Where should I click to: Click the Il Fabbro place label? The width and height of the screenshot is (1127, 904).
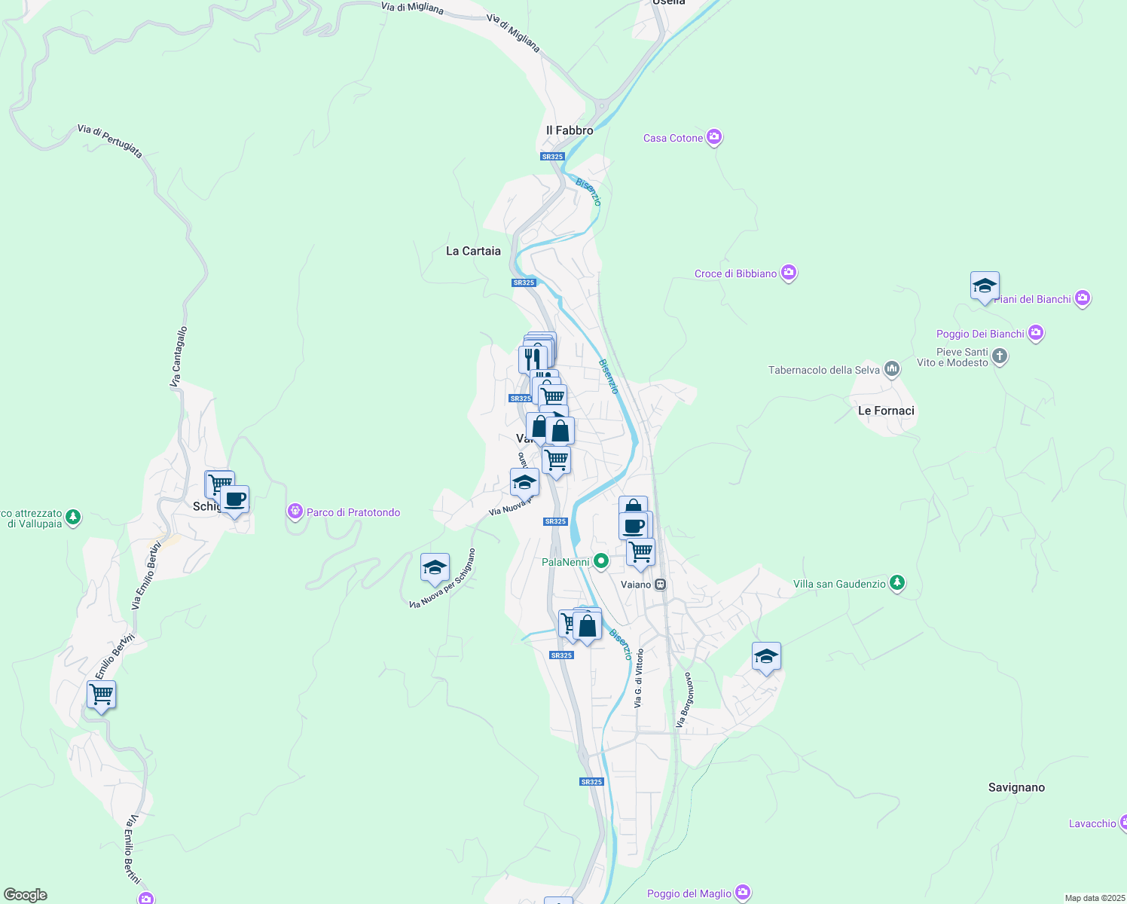coord(570,130)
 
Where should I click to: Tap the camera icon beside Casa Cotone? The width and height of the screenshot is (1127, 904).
coord(714,137)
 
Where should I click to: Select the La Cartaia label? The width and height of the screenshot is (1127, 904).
coord(473,251)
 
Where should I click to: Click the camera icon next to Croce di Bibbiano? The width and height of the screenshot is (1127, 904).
coord(789,273)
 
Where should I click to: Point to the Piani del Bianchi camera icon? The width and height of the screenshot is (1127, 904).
coord(1083,299)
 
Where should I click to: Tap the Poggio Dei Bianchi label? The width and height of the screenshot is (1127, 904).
coord(980,334)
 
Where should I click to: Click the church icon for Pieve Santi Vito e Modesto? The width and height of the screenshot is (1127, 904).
coord(1000,356)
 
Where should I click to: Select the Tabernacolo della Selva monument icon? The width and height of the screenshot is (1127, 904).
coord(892,369)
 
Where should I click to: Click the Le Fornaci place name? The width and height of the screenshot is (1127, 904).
coord(886,411)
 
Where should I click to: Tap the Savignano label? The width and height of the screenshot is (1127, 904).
coord(1016,787)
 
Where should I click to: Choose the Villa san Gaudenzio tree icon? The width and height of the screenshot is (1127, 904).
coord(896,583)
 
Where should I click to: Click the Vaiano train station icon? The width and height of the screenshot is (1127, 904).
coord(661,585)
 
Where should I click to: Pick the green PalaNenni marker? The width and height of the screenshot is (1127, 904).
coord(600,561)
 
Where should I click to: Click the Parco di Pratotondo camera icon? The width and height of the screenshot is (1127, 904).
coord(295,512)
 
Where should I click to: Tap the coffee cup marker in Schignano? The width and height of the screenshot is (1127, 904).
coord(235,499)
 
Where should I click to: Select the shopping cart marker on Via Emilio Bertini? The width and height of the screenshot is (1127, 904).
coord(101,694)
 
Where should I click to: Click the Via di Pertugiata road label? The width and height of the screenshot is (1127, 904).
coord(110,141)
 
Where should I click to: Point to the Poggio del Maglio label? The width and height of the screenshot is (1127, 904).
coord(689,893)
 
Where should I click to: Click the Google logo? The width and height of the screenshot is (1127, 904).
coord(26,895)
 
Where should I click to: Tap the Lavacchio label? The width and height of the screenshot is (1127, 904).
coord(1092,823)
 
